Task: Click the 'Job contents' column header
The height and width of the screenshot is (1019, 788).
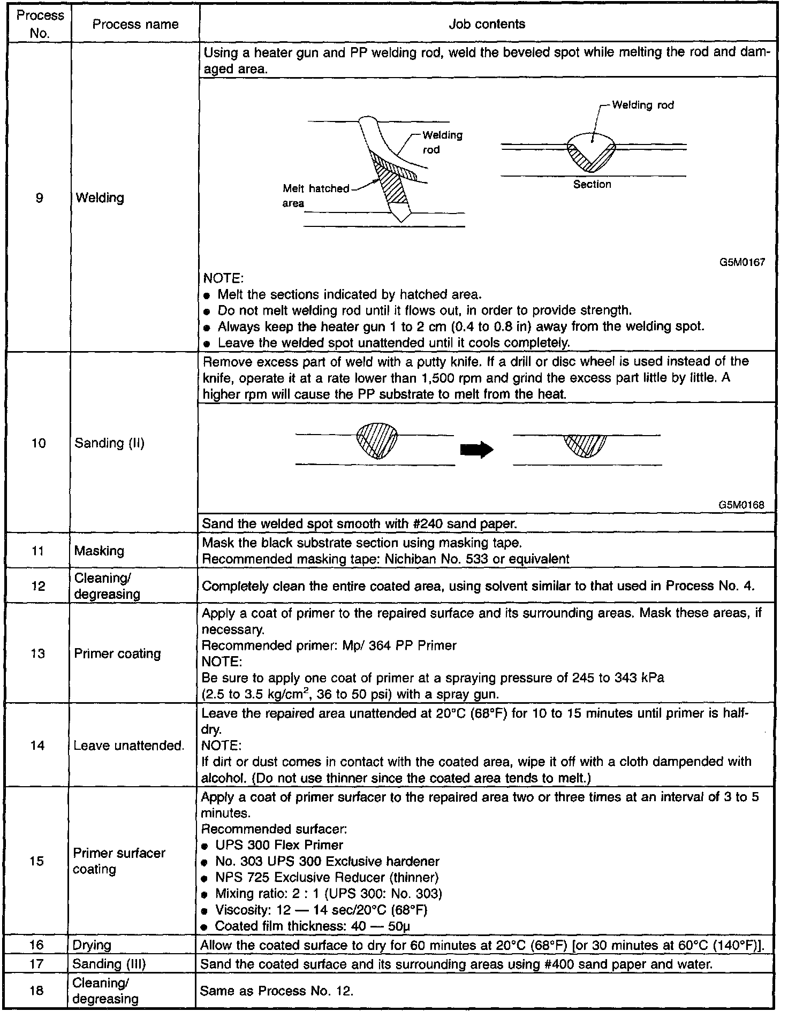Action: [487, 24]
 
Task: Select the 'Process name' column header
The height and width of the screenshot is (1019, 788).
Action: [135, 24]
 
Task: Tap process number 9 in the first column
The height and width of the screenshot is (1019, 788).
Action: [39, 198]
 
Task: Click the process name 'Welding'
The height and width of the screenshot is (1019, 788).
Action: [100, 198]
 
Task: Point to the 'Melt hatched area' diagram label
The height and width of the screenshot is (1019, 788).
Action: [315, 196]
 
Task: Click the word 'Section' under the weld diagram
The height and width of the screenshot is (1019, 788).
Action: [592, 184]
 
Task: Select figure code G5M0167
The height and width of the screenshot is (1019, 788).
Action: [741, 262]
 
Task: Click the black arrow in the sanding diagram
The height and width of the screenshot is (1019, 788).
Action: [476, 450]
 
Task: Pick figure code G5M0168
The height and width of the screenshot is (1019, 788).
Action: [741, 505]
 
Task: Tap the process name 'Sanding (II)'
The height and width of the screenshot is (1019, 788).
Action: [110, 443]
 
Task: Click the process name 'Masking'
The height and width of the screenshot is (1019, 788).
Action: [99, 551]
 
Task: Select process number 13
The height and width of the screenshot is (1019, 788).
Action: [37, 653]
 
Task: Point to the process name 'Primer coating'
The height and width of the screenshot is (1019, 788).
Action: [117, 653]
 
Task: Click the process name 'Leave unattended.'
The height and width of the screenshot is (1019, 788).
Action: [128, 745]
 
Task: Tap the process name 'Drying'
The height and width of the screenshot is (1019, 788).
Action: [92, 945]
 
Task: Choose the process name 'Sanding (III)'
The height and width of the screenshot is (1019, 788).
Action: [109, 964]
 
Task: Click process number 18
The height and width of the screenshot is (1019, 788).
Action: [36, 991]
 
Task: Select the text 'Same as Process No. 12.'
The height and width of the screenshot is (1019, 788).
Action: [276, 991]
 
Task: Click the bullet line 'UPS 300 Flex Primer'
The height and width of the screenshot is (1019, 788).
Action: [279, 845]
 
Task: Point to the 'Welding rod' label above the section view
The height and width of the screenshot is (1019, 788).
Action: [642, 105]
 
